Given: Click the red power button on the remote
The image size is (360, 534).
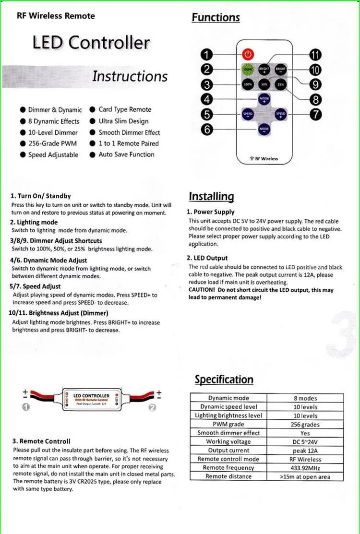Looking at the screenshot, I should click(x=247, y=54).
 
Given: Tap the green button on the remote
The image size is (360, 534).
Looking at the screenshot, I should click(x=248, y=69).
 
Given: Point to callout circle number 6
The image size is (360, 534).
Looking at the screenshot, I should click(x=207, y=129).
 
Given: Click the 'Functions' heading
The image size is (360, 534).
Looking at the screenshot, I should click(x=216, y=17).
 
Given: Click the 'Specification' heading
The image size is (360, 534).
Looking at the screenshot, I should click(x=224, y=380).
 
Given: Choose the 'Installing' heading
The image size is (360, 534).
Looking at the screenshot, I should click(x=211, y=196).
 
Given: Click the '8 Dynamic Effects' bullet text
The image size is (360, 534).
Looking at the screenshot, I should click(x=54, y=121).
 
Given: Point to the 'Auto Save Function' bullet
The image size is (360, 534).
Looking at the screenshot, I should click(x=126, y=154).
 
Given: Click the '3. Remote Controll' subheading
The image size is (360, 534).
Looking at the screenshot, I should click(x=41, y=441).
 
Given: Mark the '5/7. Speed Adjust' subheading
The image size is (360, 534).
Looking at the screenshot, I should click(x=36, y=286).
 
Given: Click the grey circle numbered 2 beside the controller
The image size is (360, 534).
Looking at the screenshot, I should click(x=152, y=407).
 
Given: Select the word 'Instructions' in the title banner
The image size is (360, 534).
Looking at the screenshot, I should click(x=130, y=76).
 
